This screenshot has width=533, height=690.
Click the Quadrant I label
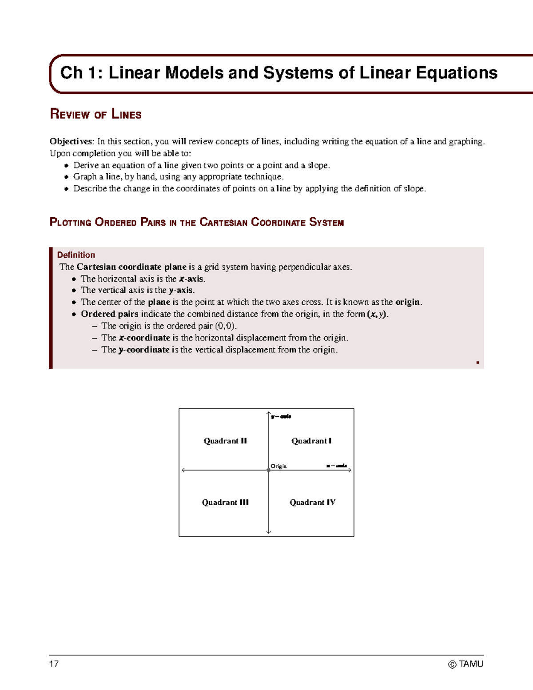pos(311,441)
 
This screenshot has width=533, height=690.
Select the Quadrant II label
pos(225,441)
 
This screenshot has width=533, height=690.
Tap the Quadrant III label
pos(225,502)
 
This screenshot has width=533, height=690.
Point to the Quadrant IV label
pos(312,502)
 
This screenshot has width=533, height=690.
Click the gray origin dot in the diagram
pos(269,470)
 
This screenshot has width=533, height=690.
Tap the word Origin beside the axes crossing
pos(278,466)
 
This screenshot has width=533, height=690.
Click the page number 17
pos(54,664)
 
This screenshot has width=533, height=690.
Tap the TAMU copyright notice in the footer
pos(465,664)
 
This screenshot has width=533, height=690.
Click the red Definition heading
pos(76,255)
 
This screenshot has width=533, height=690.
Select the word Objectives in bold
pos(72,141)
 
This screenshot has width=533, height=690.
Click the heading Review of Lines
pos(95,114)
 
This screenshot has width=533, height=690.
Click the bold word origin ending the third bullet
pos(407,302)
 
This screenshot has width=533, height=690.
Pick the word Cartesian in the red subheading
pos(223,222)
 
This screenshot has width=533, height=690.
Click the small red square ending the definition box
pos(477,363)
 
